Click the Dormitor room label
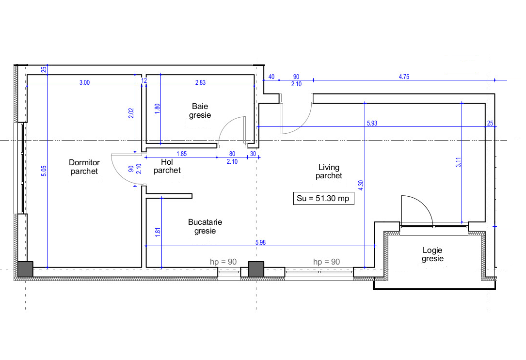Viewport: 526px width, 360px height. coord(84,167)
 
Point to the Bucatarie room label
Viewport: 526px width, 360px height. coord(205,226)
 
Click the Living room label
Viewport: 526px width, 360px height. coord(329,171)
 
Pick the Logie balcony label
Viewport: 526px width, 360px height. coord(432,254)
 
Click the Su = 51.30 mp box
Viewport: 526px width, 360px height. coord(323,198)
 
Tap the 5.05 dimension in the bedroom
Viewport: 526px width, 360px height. coord(44,171)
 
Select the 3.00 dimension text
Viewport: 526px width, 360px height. coord(84,82)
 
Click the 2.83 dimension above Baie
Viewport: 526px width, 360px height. coord(200,82)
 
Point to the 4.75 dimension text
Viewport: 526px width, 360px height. coord(404,77)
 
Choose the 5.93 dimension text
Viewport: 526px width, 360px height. coord(372,123)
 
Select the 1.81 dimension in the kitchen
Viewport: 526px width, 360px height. coord(157,232)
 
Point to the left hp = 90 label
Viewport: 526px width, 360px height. coord(223,262)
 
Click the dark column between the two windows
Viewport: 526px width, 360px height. coord(255,268)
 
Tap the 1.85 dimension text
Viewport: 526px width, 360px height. coord(181,154)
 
